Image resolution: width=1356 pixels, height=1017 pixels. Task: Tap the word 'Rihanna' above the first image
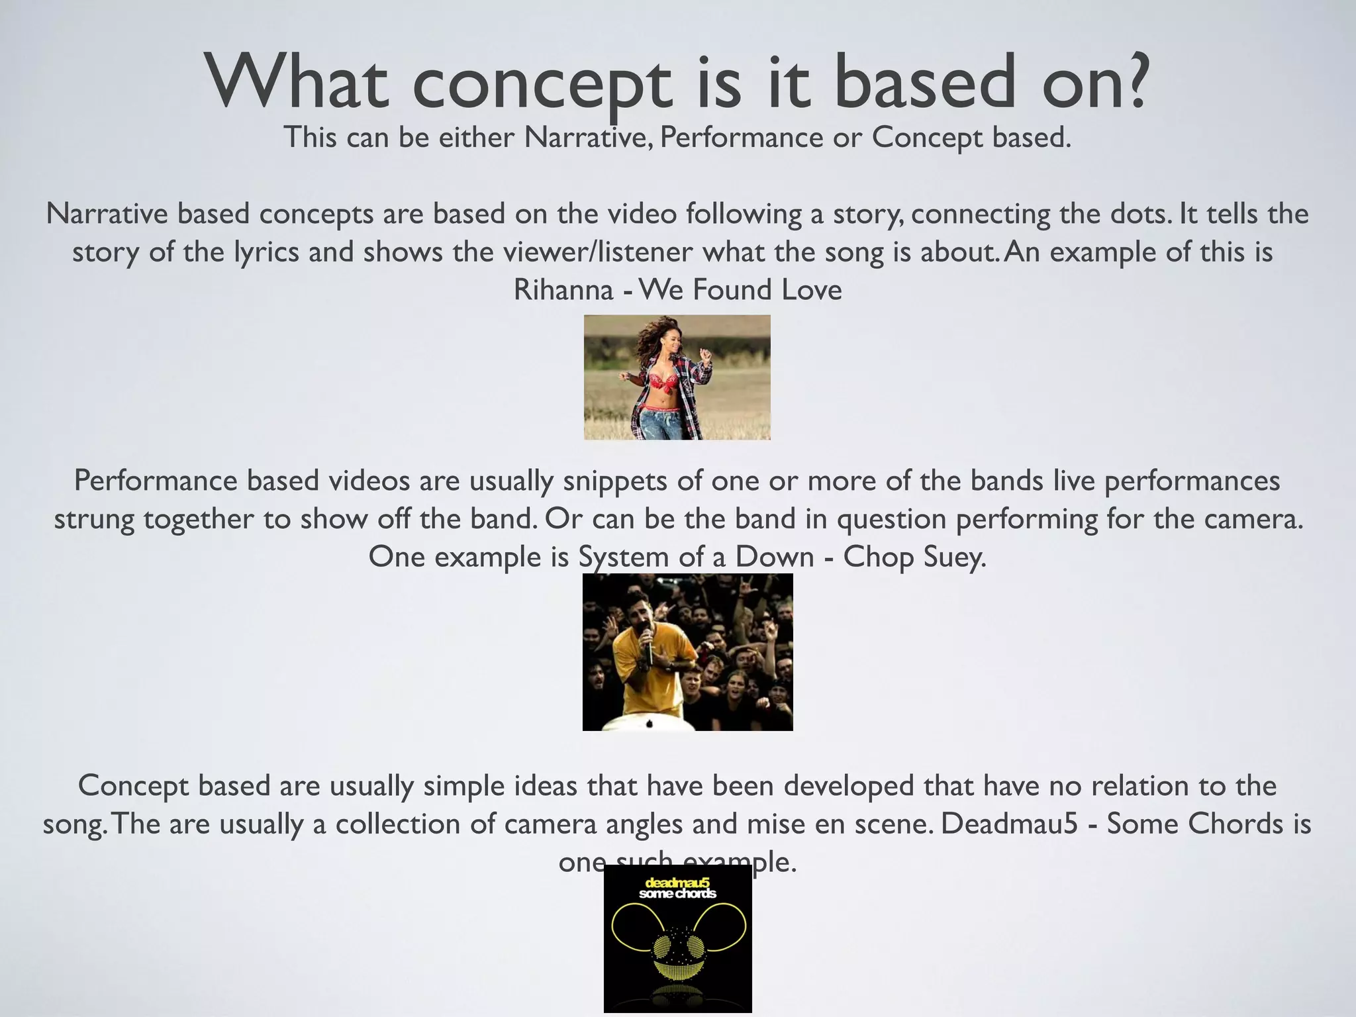click(563, 291)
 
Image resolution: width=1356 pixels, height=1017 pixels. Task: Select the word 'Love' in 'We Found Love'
click(811, 290)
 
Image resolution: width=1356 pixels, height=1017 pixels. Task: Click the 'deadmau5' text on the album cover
click(677, 882)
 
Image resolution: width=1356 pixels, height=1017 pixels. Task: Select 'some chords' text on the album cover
click(677, 894)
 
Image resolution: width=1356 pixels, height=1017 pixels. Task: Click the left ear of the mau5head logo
click(632, 923)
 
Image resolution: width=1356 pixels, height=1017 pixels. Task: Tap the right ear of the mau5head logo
click(724, 923)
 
